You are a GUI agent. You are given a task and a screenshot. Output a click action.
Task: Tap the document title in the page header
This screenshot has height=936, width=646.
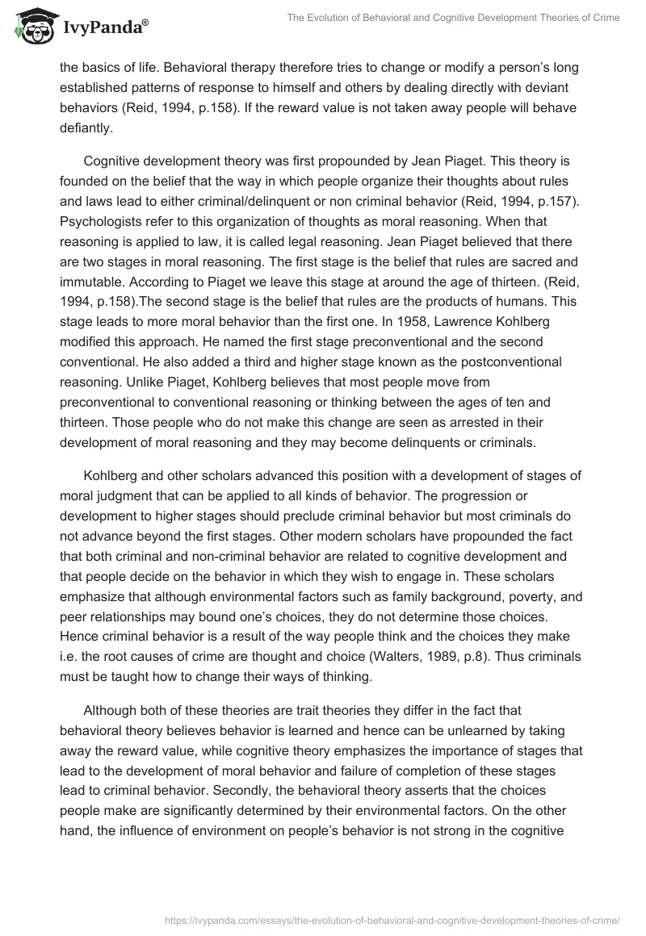pyautogui.click(x=453, y=18)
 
